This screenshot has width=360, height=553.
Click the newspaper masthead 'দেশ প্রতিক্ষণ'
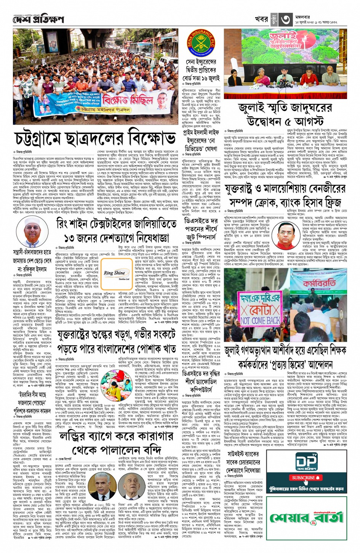click(38, 19)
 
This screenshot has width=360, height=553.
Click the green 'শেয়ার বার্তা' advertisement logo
click(307, 518)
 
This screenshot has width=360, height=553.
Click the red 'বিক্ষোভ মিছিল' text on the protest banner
click(128, 101)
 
